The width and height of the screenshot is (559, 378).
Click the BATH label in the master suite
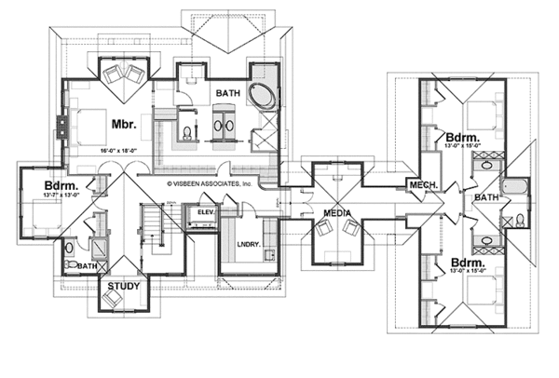click(229, 94)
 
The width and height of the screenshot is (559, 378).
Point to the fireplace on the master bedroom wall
click(61, 127)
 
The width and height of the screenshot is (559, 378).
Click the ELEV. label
click(206, 213)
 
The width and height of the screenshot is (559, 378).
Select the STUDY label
click(123, 285)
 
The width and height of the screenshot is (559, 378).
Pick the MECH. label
click(424, 186)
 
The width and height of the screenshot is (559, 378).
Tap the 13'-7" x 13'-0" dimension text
click(42, 195)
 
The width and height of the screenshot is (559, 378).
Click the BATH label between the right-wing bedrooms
click(486, 197)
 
